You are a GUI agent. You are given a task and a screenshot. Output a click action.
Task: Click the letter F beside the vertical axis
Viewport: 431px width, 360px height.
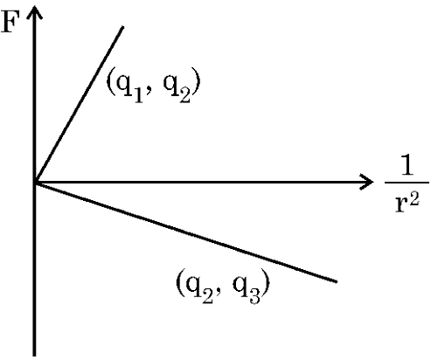click(x=10, y=21)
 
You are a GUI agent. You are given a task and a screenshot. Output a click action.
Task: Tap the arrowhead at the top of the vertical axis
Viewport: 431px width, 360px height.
click(x=34, y=11)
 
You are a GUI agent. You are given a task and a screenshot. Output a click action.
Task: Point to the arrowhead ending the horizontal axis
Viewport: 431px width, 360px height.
click(x=366, y=183)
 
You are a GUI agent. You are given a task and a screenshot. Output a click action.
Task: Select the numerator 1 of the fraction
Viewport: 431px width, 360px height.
click(x=407, y=166)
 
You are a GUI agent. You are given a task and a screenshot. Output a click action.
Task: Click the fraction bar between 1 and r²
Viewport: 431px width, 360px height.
click(x=407, y=183)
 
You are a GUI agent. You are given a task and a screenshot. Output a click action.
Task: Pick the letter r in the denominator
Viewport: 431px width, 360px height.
click(x=402, y=205)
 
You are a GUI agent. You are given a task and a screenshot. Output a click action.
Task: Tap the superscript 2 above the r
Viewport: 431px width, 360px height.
click(x=414, y=199)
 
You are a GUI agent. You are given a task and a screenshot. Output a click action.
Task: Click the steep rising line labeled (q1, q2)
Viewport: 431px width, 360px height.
click(x=79, y=105)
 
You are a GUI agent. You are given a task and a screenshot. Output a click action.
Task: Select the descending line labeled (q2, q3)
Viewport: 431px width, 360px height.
click(x=185, y=232)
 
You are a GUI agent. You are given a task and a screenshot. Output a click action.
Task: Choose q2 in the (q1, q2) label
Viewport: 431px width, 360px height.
click(x=177, y=86)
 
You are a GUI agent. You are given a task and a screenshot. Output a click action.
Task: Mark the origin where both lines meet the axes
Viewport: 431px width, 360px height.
click(x=35, y=183)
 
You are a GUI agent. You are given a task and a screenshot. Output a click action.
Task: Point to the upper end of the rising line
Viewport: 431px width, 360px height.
click(x=123, y=27)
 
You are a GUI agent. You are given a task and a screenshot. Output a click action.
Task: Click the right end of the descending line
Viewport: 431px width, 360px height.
click(x=337, y=281)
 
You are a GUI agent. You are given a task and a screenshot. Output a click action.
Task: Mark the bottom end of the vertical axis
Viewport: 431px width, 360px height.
click(x=34, y=356)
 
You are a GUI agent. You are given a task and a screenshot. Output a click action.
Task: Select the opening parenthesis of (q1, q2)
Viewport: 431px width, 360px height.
click(x=110, y=83)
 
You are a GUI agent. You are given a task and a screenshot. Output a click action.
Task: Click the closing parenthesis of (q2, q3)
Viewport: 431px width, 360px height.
click(x=265, y=283)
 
